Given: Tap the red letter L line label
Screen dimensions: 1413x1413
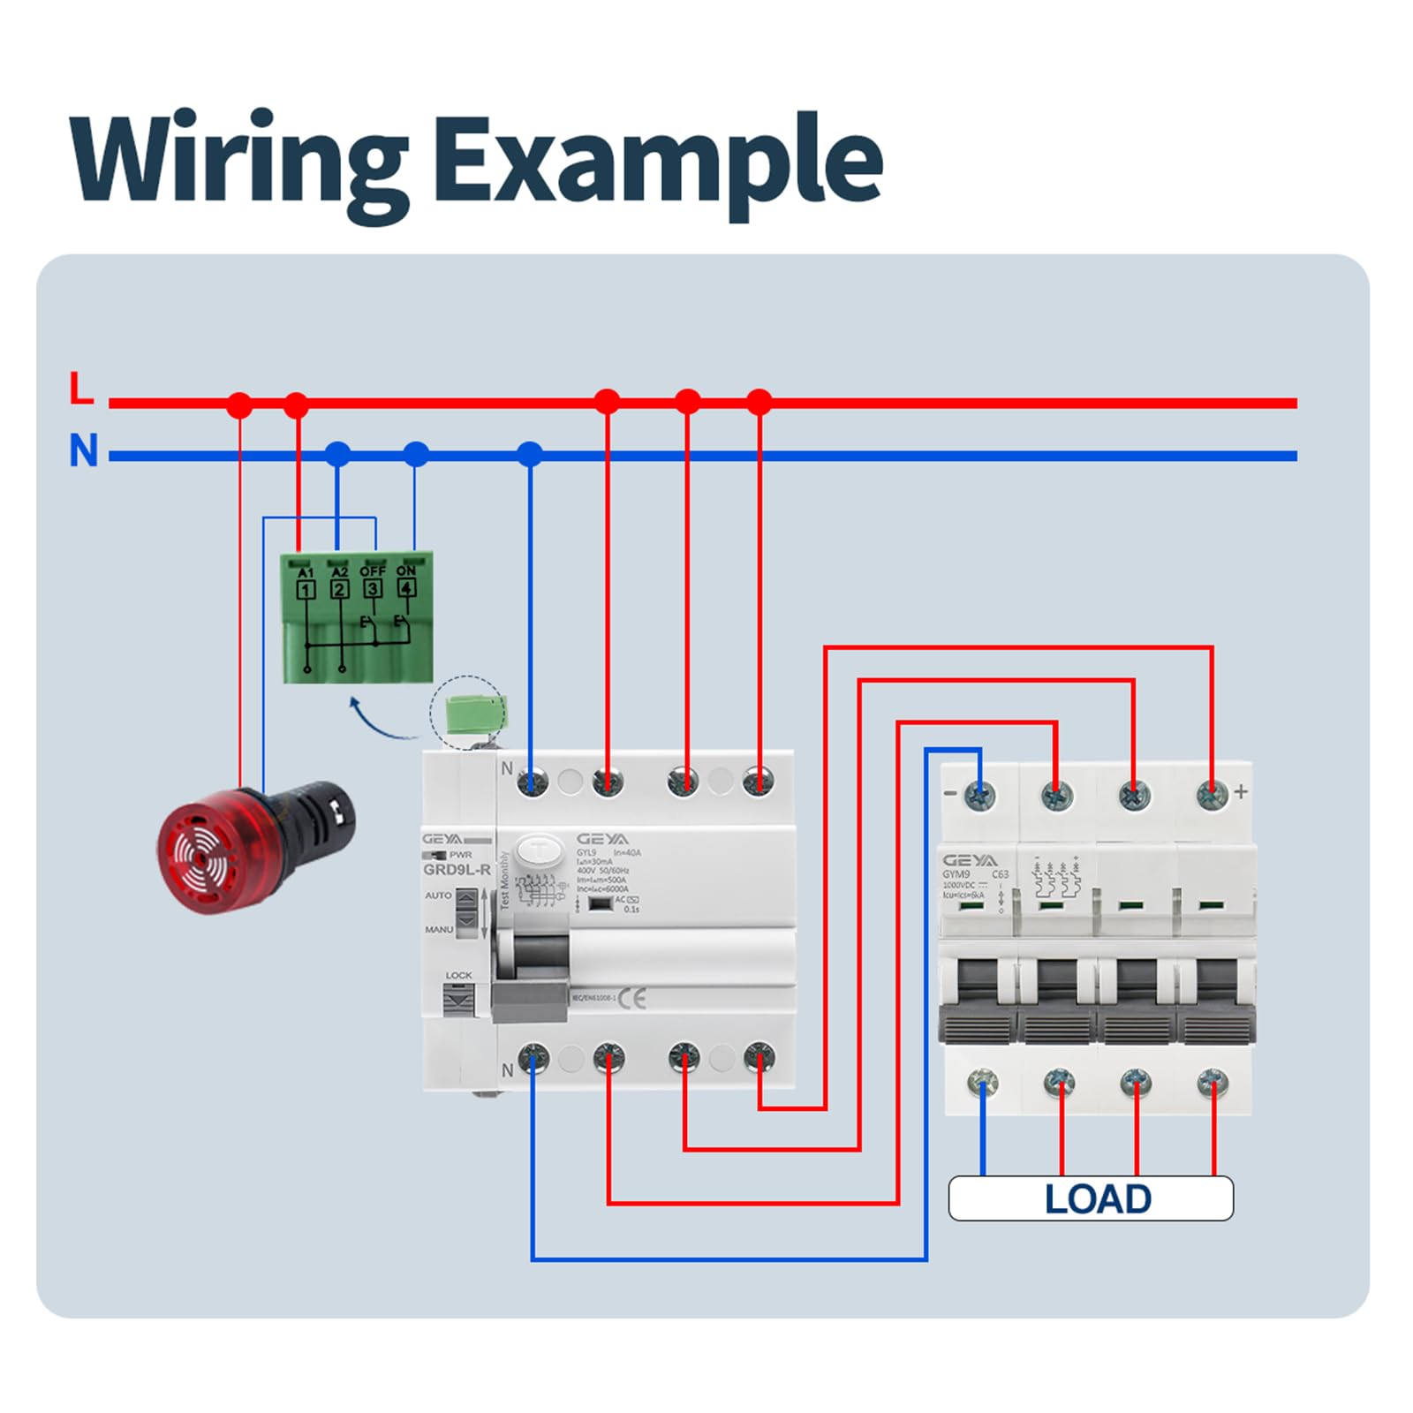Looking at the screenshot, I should tap(81, 389).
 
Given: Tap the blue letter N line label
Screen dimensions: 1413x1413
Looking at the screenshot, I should tap(84, 450).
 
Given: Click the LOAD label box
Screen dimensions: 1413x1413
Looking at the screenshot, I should tap(1091, 1198).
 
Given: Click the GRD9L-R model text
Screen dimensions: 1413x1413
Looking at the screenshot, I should tap(457, 870).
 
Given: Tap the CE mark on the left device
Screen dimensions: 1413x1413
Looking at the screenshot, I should tap(632, 998).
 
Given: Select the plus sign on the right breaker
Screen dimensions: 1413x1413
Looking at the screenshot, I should tap(1241, 791).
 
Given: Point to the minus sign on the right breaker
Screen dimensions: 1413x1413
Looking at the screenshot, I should tap(950, 793).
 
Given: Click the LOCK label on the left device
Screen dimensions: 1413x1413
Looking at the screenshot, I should tap(459, 975).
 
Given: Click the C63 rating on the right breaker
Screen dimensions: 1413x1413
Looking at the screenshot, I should tap(1000, 874).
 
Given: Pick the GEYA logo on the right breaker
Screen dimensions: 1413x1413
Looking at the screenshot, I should tap(970, 860).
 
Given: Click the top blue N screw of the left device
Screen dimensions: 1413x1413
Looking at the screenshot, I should tap(533, 782).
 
